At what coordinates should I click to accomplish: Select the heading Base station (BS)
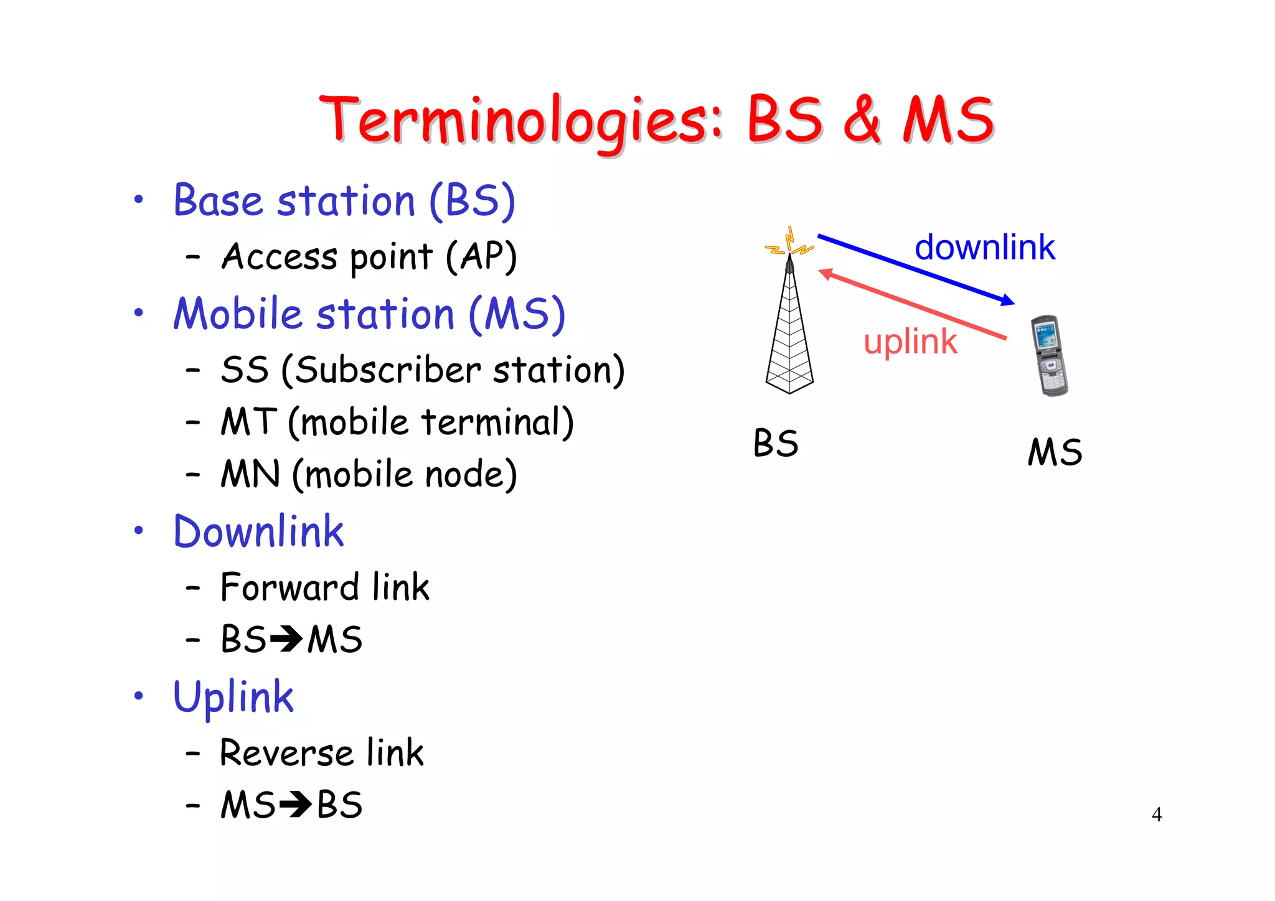[x=344, y=201]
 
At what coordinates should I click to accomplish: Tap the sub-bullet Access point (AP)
[x=369, y=256]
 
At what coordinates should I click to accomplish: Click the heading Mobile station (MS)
[x=369, y=314]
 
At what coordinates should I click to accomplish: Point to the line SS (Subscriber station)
[x=422, y=370]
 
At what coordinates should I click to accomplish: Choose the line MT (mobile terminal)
[x=397, y=422]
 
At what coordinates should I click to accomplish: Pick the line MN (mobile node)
[x=369, y=475]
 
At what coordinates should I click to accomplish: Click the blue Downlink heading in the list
[x=258, y=532]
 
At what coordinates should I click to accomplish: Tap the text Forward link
[x=325, y=587]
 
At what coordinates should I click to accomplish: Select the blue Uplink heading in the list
[x=233, y=697]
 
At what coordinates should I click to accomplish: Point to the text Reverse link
[x=322, y=753]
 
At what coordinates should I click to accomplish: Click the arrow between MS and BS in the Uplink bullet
[x=295, y=805]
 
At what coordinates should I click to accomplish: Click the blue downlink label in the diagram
[x=984, y=248]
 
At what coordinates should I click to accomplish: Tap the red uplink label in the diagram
[x=910, y=342]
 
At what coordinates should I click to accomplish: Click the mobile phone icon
[x=1049, y=356]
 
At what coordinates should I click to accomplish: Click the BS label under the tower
[x=775, y=444]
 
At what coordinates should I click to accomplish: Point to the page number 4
[x=1156, y=815]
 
